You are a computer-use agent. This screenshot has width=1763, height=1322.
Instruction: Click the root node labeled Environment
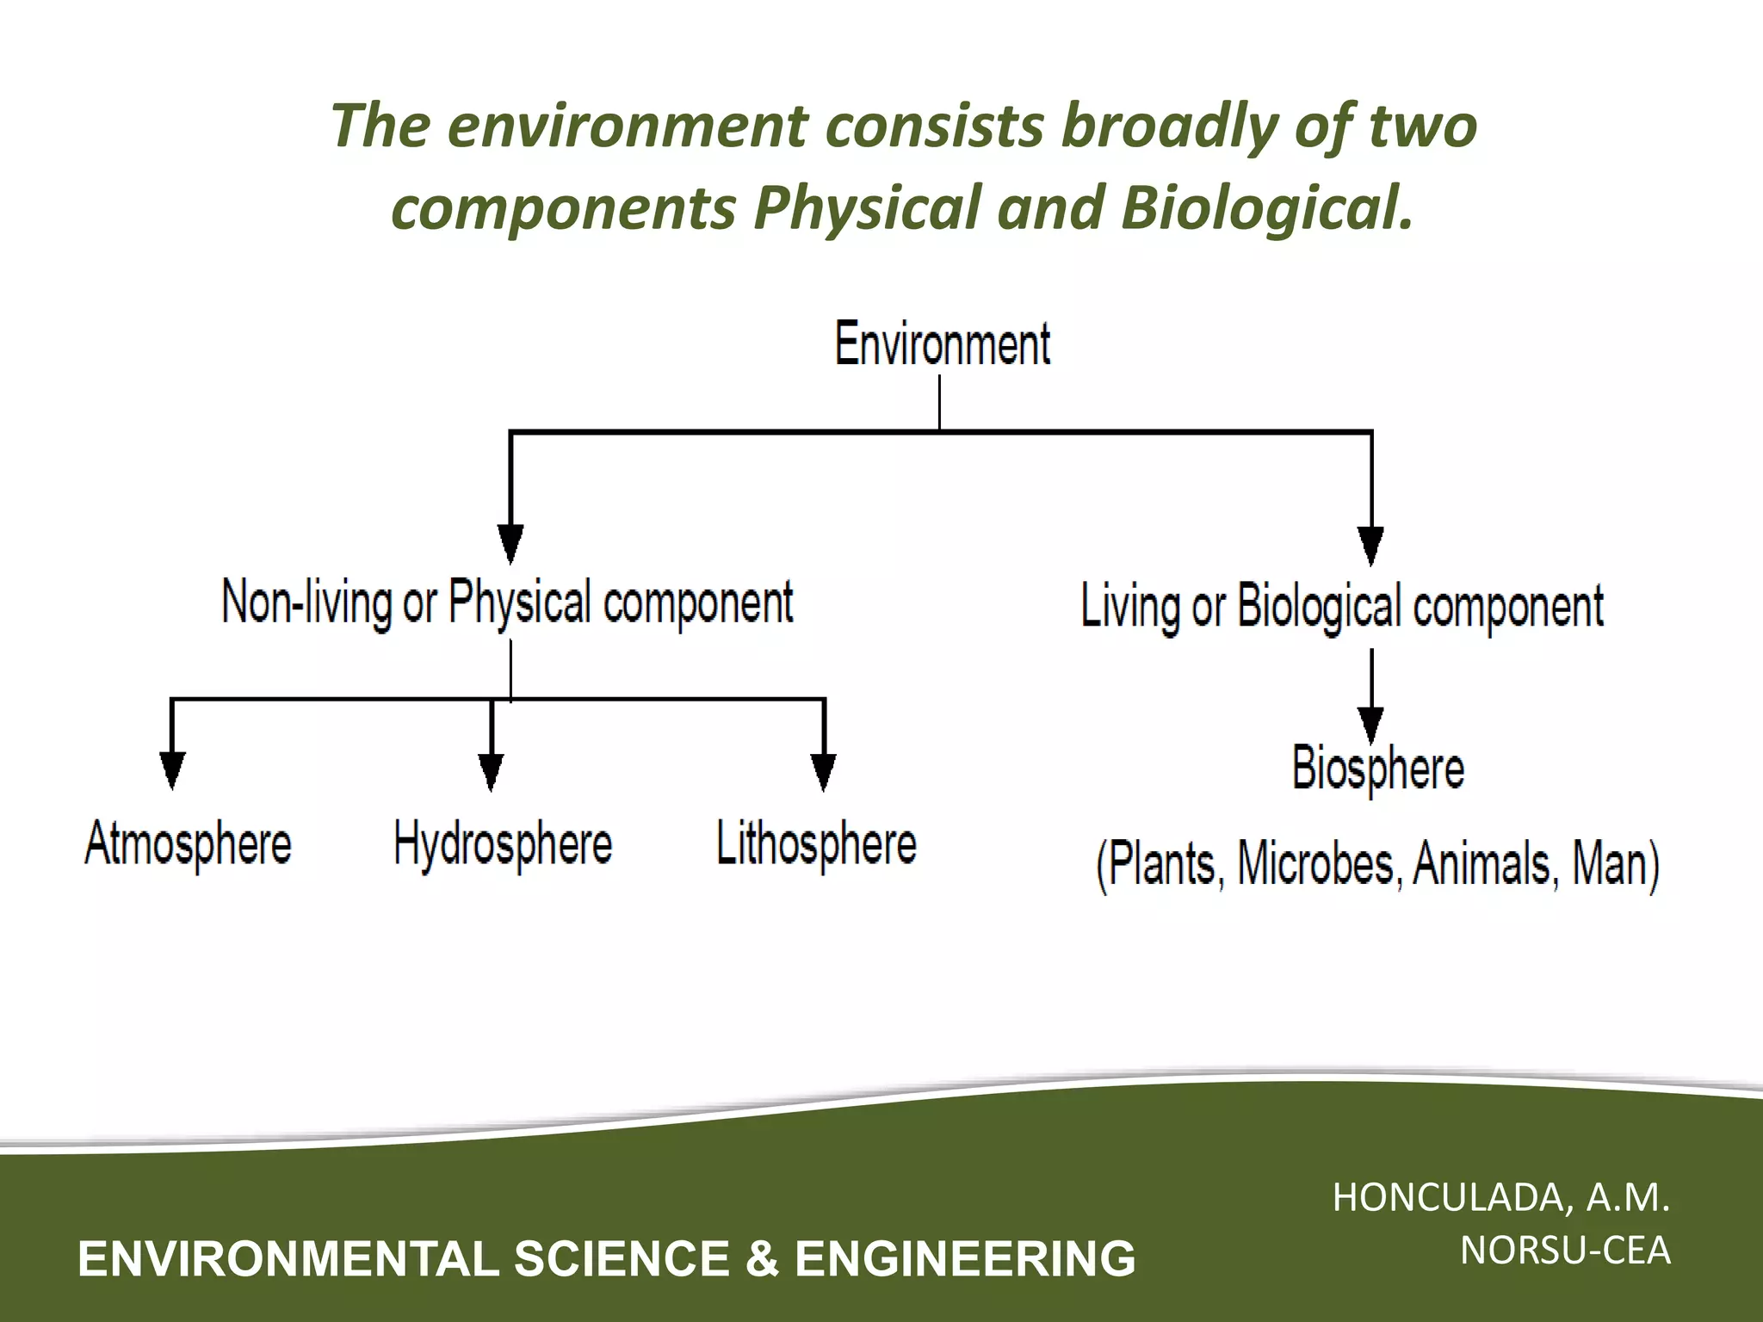(x=942, y=343)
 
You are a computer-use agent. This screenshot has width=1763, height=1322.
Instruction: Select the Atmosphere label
(x=188, y=843)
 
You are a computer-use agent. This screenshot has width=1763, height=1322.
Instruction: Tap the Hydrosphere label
(x=503, y=843)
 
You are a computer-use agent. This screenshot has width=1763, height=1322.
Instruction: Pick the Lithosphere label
(x=816, y=843)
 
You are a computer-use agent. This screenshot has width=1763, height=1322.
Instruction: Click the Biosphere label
(x=1377, y=768)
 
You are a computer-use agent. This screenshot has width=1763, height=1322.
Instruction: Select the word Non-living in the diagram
(x=306, y=602)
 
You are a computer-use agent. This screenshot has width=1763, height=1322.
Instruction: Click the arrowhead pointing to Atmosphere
(x=172, y=769)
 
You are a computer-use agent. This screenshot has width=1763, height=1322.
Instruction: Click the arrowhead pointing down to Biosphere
(x=1370, y=723)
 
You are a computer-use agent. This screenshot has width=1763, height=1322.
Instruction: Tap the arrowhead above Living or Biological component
(x=1370, y=544)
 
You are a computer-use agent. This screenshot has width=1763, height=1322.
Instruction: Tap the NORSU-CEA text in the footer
(x=1565, y=1251)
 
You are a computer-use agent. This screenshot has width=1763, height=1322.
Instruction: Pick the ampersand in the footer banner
(x=761, y=1258)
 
